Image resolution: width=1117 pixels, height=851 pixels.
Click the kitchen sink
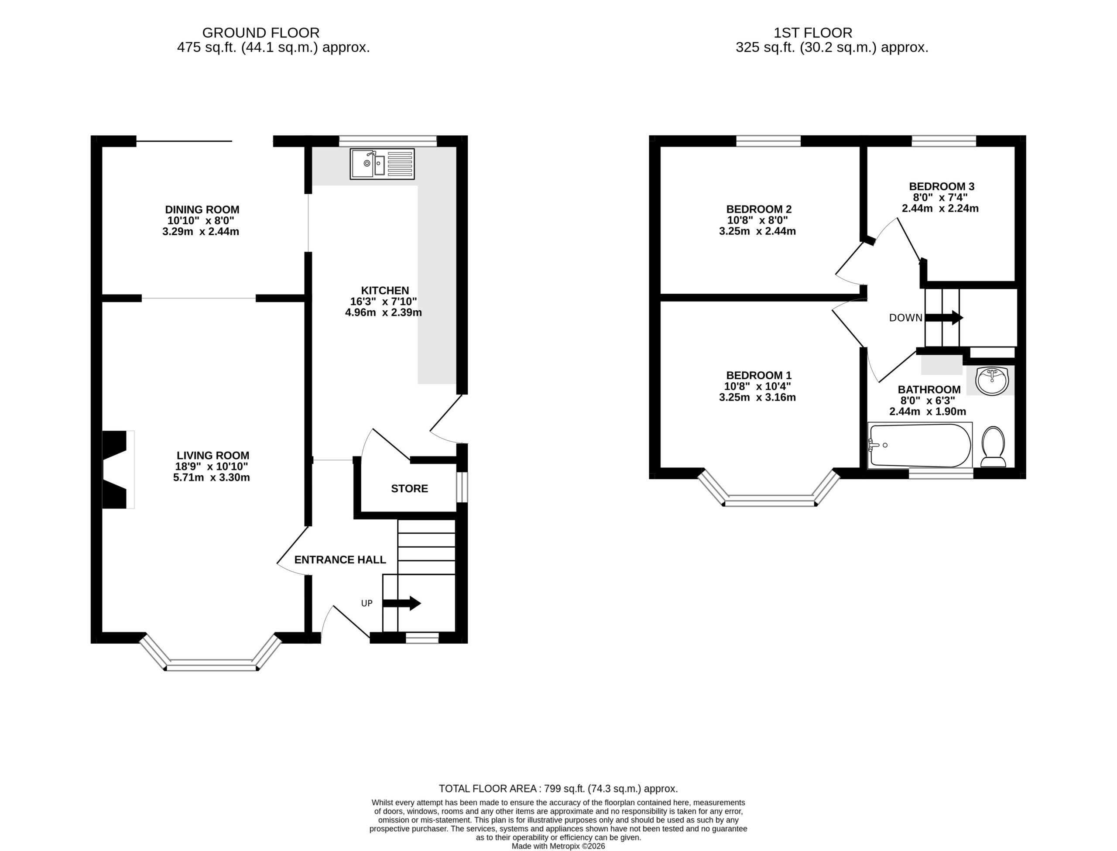[x=382, y=164]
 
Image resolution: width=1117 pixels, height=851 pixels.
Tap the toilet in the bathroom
[x=993, y=446]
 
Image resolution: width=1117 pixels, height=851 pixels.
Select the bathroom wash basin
[x=992, y=381]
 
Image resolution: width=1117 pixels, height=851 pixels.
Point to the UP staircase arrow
[x=401, y=603]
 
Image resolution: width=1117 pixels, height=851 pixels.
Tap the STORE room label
[x=409, y=488]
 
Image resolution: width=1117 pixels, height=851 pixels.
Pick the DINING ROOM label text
[x=202, y=209]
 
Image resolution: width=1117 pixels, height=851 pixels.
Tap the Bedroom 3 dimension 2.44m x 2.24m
[x=940, y=208]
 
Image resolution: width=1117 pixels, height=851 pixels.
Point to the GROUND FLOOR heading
[x=261, y=33]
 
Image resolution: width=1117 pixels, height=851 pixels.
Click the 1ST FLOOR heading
[x=813, y=33]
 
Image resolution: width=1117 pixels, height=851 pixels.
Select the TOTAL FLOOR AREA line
[x=558, y=789]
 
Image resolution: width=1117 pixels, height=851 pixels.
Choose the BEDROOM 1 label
[x=758, y=375]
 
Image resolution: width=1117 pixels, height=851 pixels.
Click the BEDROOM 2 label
[x=758, y=209]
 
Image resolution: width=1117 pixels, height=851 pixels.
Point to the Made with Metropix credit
[x=558, y=846]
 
